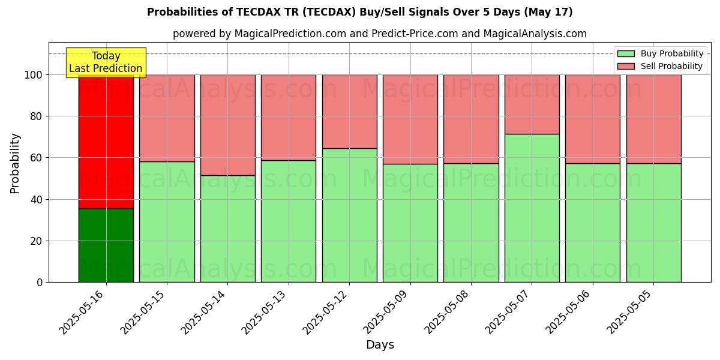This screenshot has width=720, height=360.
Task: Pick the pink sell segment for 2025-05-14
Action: [x=227, y=125]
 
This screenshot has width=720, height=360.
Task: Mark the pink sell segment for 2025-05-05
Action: [x=653, y=119]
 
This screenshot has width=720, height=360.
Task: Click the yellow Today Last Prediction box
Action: [x=106, y=62]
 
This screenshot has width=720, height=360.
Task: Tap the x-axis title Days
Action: [x=380, y=345]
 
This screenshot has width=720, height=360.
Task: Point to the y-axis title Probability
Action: [x=15, y=163]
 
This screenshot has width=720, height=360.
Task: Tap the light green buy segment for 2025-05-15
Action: [x=167, y=221]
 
